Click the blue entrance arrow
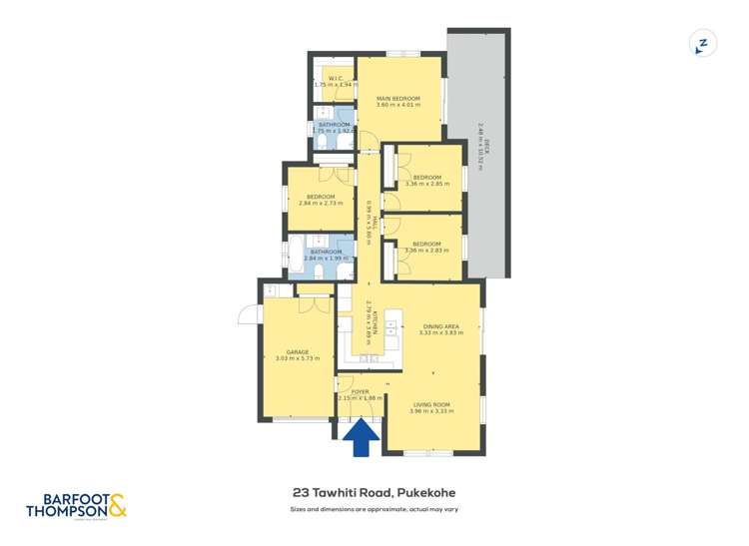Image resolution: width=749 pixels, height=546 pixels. click(362, 436)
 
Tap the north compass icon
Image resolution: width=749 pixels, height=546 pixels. click(703, 44)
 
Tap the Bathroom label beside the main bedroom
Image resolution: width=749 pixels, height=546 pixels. click(333, 127)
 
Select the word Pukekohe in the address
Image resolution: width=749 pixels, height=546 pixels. click(426, 492)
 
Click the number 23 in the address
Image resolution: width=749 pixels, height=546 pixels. click(300, 492)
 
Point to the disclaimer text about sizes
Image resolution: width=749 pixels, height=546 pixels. click(374, 509)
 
